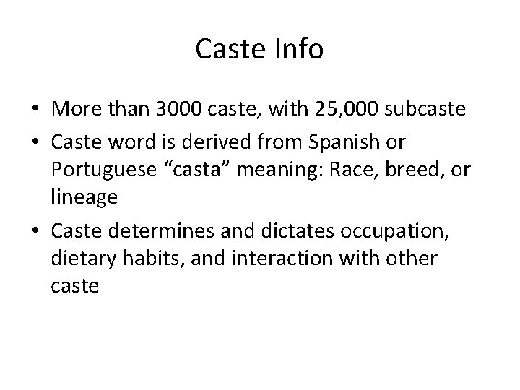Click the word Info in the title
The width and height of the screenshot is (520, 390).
click(x=298, y=50)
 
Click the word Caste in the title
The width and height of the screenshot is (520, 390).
click(x=232, y=50)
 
